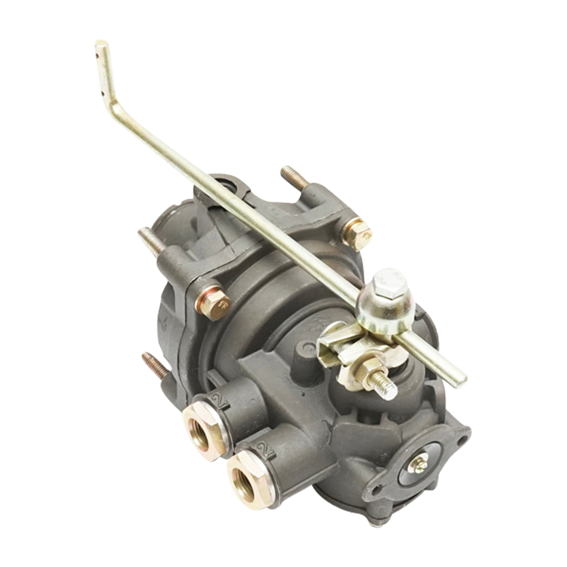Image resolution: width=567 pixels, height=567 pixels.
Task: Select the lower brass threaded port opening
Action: pos(243,475)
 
